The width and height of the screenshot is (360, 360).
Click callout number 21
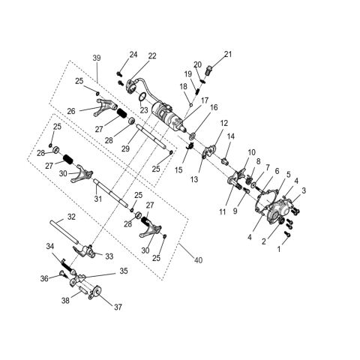coord(228,53)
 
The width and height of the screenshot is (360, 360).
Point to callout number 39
coord(96,58)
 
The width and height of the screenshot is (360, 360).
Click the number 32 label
coord(71,217)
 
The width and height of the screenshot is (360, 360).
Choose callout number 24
coord(133,54)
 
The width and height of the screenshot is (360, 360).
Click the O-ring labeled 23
coord(141,97)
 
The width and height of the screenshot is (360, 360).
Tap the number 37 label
coord(118,306)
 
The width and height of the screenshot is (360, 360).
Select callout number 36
coord(45,278)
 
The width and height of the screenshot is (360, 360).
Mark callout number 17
coord(204,100)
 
